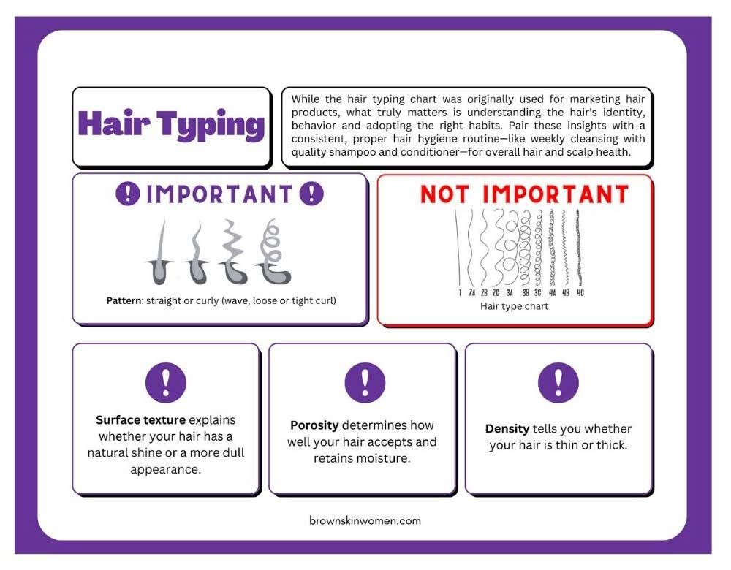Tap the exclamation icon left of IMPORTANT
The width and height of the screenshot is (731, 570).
pos(128,194)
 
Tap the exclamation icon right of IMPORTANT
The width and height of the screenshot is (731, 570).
pos(311,194)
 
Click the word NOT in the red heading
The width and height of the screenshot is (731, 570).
pos(444,194)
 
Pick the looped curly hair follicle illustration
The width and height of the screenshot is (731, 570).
pos(273,251)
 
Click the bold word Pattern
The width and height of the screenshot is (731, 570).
pos(124,300)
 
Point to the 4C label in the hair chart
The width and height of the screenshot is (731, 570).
pos(580,293)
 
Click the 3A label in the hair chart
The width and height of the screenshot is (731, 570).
pos(510,293)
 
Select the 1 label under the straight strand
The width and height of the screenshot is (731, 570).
pos(460,293)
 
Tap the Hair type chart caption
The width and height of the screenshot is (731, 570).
pos(514,306)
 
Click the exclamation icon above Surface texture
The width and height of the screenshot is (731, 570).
pos(166,383)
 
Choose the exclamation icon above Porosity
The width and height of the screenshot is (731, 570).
pos(365,383)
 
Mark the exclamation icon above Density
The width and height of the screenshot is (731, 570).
pos(558,383)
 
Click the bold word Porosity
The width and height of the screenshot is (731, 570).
pos(314,425)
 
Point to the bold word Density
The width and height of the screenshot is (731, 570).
pos(507,429)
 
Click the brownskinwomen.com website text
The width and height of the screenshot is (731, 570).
pos(365,520)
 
